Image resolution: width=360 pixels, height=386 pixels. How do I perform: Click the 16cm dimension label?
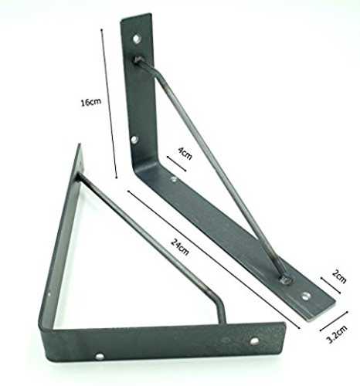coord(91,102)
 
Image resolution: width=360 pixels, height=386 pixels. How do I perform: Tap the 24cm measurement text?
coord(180,247)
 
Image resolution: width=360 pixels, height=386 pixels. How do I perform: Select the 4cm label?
coord(185,154)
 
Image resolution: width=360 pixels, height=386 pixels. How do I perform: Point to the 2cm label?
coord(339,276)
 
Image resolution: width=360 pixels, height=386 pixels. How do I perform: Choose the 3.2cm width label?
coord(337,334)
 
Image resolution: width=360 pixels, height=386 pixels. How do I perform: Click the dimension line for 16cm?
coord(109,103)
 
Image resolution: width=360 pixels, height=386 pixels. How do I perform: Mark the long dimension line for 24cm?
coord(214,259)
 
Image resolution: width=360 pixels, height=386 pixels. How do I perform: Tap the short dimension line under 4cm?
coord(176,164)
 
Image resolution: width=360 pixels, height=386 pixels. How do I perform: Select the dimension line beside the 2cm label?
coord(331,285)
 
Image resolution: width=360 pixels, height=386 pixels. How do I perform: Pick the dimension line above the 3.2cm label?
coord(334,321)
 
